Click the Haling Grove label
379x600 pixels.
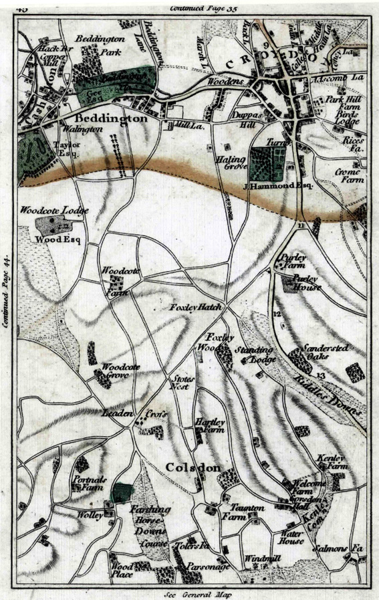pyautogui.click(x=232, y=165)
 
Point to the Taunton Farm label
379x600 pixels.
pyautogui.click(x=244, y=512)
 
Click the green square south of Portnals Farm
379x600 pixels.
pyautogui.click(x=122, y=493)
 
